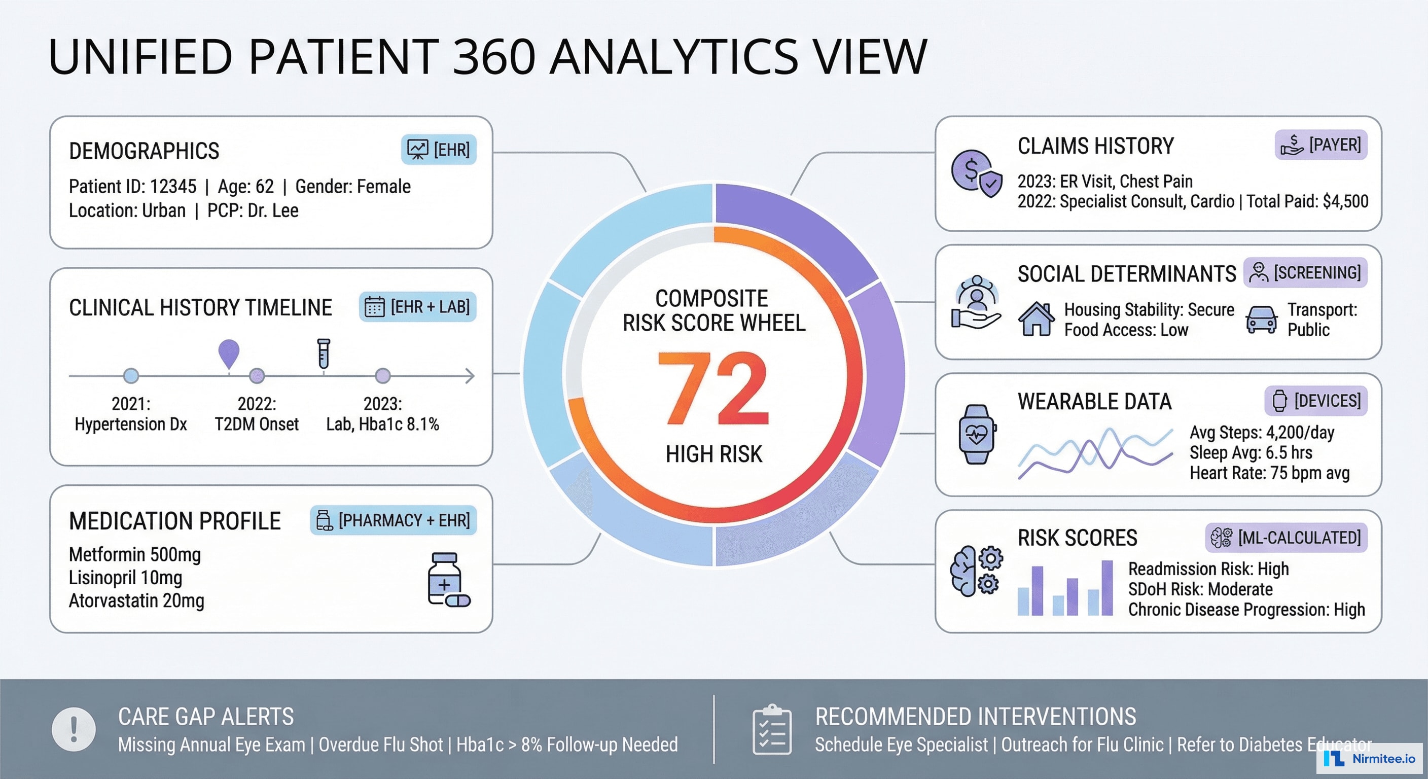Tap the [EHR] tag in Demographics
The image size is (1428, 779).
point(439,149)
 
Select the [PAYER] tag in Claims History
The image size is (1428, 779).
point(1321,145)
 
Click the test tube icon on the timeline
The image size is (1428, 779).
point(324,353)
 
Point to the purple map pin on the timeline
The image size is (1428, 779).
point(229,353)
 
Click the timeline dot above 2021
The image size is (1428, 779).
point(131,376)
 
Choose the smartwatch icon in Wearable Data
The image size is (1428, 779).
point(977,434)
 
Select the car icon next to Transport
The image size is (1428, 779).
point(1261,320)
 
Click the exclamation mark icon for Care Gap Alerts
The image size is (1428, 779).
point(74,729)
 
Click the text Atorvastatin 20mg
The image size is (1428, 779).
point(136,600)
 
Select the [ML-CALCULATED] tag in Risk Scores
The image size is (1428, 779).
point(1286,537)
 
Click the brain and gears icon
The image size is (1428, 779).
point(976,571)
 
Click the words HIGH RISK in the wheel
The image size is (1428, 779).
point(714,454)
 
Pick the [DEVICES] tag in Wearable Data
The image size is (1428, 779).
point(1315,400)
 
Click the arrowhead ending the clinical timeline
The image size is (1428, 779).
point(470,376)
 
